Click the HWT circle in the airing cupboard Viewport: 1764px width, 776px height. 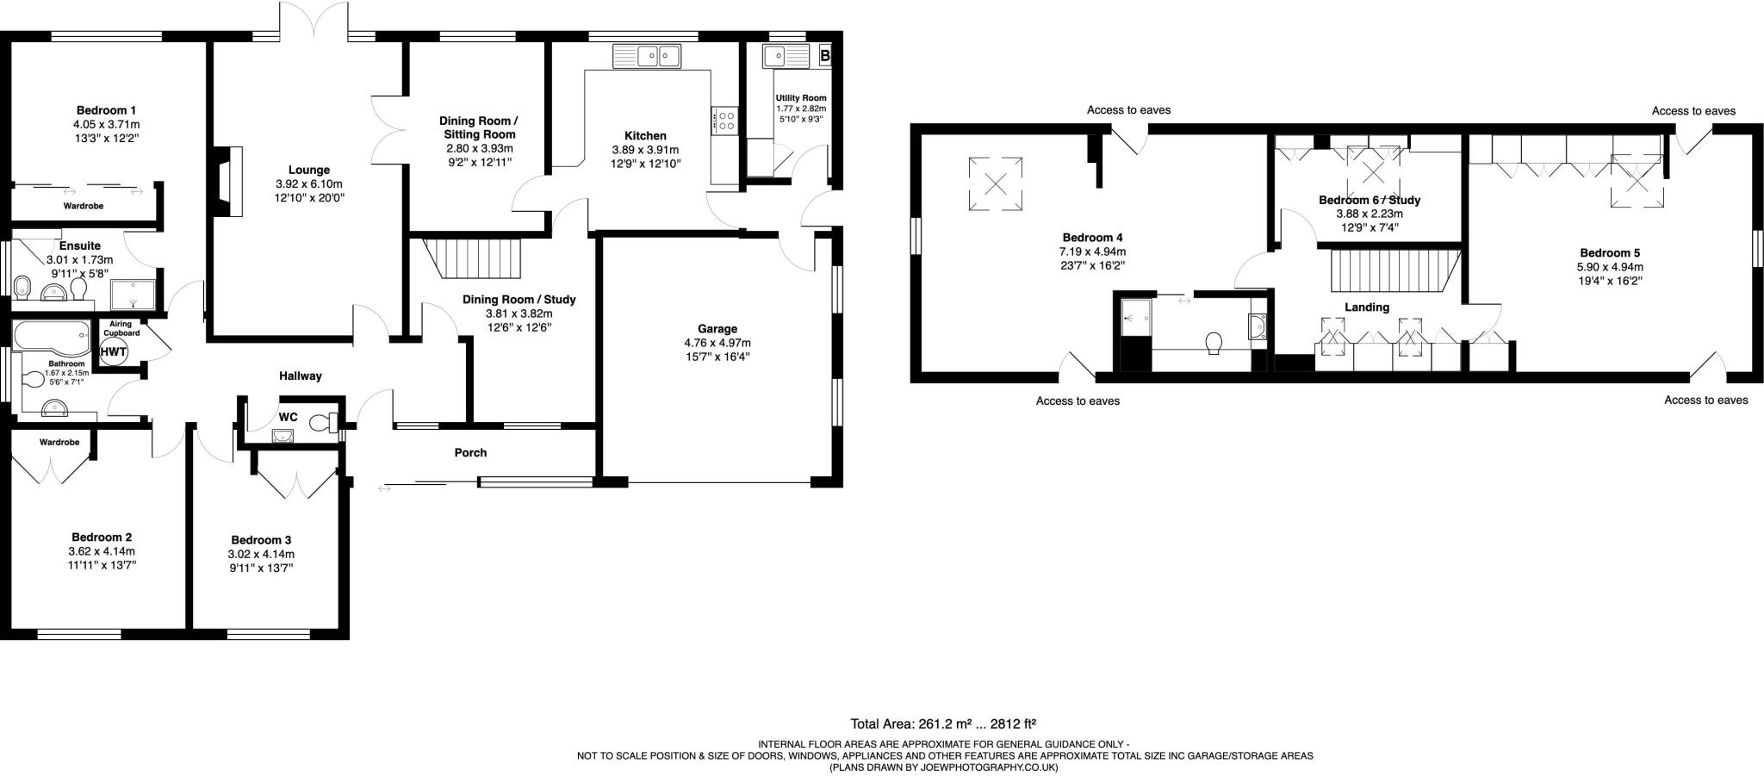pos(114,351)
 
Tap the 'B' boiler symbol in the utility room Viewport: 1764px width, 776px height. pos(825,56)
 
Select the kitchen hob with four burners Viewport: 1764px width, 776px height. pos(724,120)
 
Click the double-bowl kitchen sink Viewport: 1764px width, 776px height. pos(647,57)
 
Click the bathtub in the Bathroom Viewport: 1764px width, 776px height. pos(51,338)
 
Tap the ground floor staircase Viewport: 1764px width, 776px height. pos(473,259)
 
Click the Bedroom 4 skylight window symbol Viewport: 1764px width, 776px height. pos(996,183)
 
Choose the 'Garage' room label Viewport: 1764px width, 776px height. pos(717,329)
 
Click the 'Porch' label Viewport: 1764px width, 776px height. pos(470,452)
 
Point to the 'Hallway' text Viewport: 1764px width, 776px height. pos(301,376)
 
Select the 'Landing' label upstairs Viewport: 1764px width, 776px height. pos(1367,307)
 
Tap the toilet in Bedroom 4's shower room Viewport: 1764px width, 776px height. pos(1215,343)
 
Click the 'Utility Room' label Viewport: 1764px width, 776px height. pos(800,98)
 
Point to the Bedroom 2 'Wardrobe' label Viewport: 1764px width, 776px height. pos(59,442)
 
